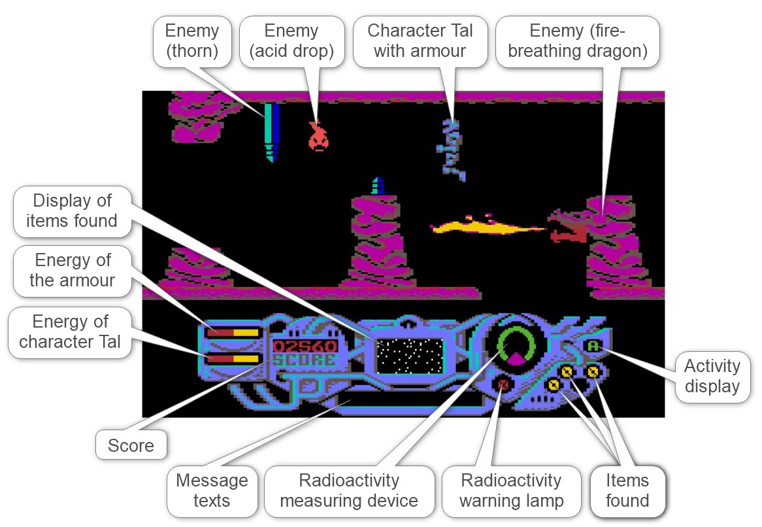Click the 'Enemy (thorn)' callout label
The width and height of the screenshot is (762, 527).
coord(191,41)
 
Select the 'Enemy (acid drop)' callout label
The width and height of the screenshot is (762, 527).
coord(291,41)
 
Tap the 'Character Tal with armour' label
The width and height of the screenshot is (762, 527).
coord(420,41)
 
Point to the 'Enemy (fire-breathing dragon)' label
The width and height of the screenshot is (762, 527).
coord(577,41)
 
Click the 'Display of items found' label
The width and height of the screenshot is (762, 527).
coord(72,211)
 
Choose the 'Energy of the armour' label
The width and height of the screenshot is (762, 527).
coord(72,270)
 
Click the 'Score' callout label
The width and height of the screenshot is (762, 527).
coord(131,446)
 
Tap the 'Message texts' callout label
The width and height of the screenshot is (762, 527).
coord(212,490)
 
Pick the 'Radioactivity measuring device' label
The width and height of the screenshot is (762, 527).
coord(348,490)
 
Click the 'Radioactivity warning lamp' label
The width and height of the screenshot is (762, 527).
coord(511,490)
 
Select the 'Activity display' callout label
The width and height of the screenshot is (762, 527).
coord(712,376)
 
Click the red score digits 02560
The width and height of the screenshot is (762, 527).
coord(305,346)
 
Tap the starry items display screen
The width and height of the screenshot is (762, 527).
coord(409,355)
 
